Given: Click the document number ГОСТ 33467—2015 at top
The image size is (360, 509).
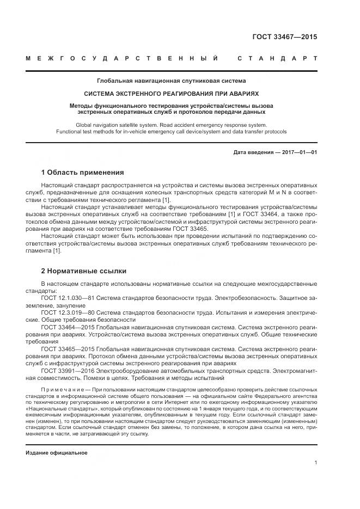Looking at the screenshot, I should (284, 38).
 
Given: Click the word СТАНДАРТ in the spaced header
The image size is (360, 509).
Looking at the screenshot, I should (277, 58).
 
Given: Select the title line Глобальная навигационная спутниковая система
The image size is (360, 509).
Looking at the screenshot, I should (171, 81).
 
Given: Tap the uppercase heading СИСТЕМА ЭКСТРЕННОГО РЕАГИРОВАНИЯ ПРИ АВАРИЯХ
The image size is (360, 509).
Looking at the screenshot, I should (171, 94).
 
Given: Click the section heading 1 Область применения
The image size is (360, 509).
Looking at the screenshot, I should (82, 173).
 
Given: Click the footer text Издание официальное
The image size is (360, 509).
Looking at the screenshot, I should (57, 453).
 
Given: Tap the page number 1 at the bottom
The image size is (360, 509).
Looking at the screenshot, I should (315, 463).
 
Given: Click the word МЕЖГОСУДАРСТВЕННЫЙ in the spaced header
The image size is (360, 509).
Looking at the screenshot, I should (122, 58).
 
